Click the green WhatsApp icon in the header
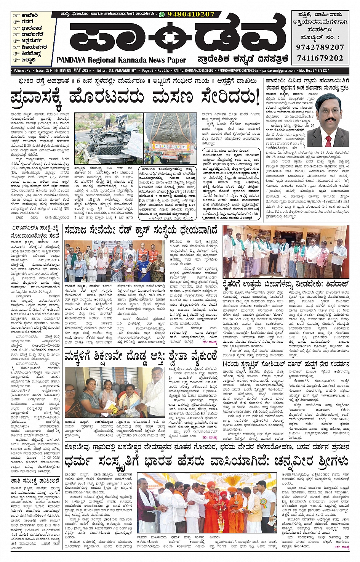coord(162,14)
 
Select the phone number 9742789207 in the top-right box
coord(320,47)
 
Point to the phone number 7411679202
coord(320,58)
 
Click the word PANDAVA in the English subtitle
coord(71,60)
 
